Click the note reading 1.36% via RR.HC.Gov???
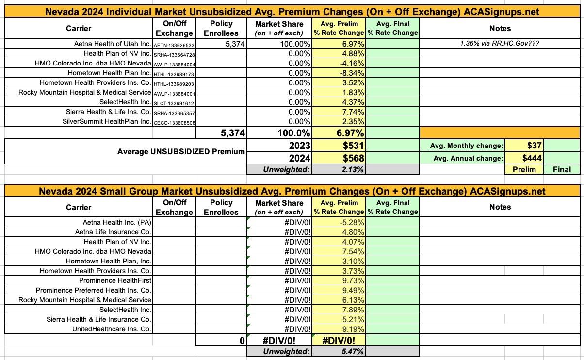tap(499, 44)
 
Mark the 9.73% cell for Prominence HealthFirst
tap(353, 280)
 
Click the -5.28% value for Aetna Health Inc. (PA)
tap(352, 222)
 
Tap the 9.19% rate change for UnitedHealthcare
tap(353, 329)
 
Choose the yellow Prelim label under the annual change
tap(523, 169)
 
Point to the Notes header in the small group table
tap(500, 207)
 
